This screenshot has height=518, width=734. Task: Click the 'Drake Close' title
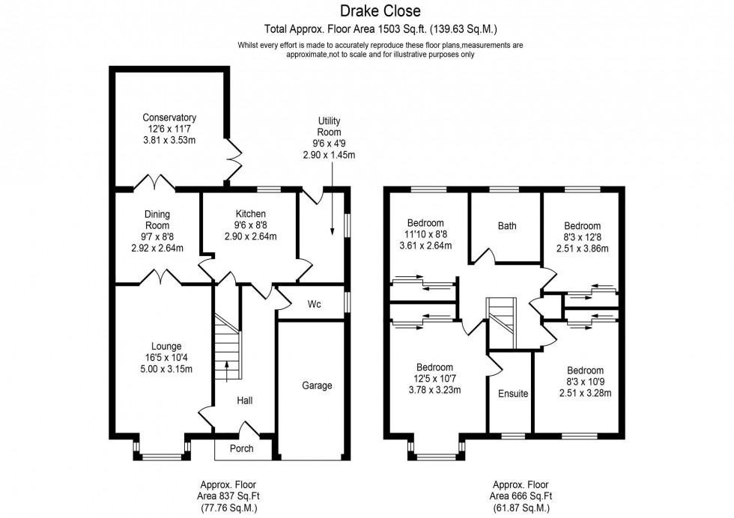coord(380,10)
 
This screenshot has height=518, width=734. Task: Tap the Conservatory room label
coord(169,118)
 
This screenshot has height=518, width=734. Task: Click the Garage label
coord(317,386)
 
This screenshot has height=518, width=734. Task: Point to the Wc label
coord(315,305)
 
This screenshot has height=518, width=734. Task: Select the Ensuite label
coord(513,394)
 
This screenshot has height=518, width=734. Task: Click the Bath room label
coord(507,225)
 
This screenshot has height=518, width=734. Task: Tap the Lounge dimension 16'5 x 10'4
coord(166,358)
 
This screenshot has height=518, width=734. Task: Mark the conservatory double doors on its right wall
coord(235,156)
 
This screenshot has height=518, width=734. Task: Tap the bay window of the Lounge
coord(162,451)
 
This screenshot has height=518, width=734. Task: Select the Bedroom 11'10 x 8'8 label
coord(425,234)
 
